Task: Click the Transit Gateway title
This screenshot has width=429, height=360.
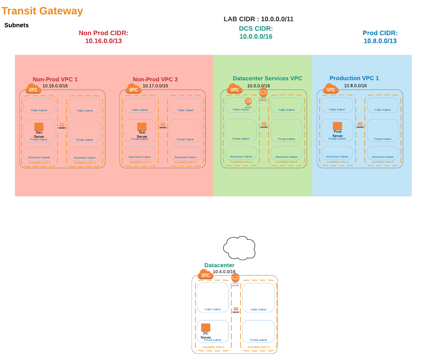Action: (42, 11)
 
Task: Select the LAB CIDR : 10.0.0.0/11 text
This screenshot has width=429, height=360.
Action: (258, 19)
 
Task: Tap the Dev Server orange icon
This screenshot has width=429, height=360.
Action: (39, 127)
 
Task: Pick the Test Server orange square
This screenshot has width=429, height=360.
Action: (142, 127)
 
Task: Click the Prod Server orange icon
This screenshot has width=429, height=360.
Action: (337, 126)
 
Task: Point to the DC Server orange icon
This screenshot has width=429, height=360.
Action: (206, 327)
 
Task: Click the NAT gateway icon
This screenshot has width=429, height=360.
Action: (248, 101)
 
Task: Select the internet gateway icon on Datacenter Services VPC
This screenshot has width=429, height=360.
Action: (263, 92)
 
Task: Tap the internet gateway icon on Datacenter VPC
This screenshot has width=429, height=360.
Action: (235, 278)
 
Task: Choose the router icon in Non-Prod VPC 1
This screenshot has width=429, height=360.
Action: (62, 125)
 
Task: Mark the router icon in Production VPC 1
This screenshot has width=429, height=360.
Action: (360, 124)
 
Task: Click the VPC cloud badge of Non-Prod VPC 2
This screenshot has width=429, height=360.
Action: (133, 89)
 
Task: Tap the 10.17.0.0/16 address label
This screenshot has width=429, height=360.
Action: (155, 86)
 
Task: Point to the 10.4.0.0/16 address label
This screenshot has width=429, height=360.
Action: (224, 272)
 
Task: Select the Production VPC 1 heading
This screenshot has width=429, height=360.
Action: (354, 78)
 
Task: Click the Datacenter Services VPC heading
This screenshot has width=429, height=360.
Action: (267, 79)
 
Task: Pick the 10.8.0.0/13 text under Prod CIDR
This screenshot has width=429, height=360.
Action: (380, 41)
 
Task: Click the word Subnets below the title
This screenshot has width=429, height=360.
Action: (17, 25)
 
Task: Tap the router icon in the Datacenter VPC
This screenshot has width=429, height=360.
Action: (236, 309)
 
